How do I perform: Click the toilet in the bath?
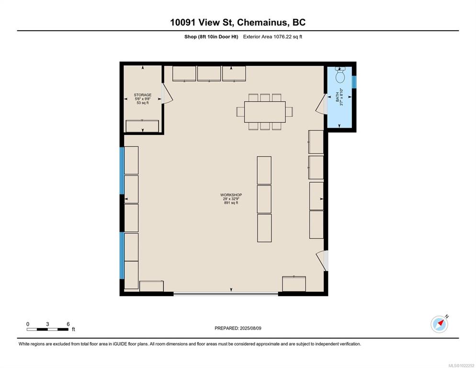tap(340, 75)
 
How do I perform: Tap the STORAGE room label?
tap(143, 95)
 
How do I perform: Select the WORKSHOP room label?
tap(231, 195)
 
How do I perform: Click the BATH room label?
tap(338, 98)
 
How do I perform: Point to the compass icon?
tap(440, 324)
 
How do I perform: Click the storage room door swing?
tap(167, 94)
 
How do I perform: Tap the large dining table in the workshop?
tap(265, 112)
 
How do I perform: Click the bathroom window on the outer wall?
tap(354, 82)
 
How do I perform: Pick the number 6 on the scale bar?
tap(68, 324)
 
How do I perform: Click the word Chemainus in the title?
tap(261, 23)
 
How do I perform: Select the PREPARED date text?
tap(238, 328)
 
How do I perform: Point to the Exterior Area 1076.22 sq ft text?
tap(272, 37)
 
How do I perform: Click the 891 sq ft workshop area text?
tap(231, 203)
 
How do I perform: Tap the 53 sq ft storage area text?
tap(143, 103)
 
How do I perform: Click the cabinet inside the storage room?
tap(142, 126)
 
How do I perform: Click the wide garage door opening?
tap(226, 294)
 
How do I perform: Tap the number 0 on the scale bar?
tap(28, 324)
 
